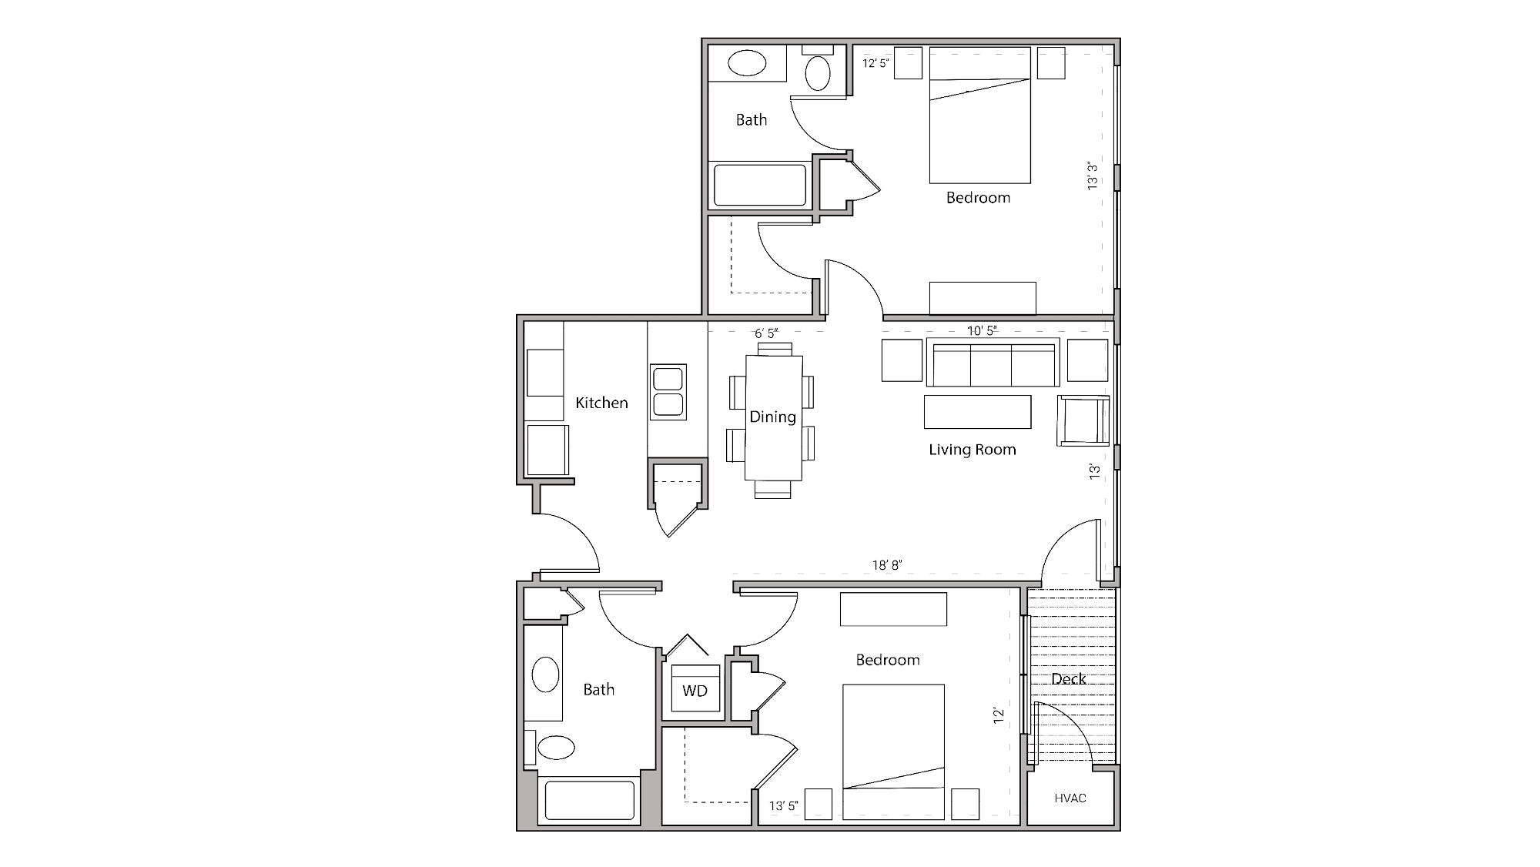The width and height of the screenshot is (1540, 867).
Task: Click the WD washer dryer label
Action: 695,691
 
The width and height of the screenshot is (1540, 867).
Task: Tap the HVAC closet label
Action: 1070,798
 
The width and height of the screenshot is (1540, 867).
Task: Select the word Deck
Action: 1068,679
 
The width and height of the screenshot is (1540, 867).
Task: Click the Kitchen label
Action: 601,403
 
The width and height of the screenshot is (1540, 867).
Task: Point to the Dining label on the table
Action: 772,417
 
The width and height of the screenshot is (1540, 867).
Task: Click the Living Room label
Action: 972,450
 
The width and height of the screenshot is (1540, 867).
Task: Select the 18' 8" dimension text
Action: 887,565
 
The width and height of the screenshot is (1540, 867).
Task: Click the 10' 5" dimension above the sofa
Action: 982,331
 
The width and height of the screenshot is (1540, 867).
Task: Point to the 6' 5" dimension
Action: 766,333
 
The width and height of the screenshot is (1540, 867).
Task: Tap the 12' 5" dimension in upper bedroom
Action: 875,63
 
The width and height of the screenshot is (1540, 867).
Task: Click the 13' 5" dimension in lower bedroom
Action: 783,806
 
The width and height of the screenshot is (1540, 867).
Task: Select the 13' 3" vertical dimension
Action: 1093,176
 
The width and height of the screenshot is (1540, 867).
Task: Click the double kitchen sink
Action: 668,392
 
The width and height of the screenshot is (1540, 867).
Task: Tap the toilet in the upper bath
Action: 817,72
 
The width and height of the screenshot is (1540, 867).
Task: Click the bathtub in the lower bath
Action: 590,800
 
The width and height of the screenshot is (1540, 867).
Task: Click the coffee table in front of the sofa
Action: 977,412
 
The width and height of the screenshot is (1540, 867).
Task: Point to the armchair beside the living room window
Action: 1083,420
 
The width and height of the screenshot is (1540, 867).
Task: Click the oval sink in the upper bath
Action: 747,63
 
